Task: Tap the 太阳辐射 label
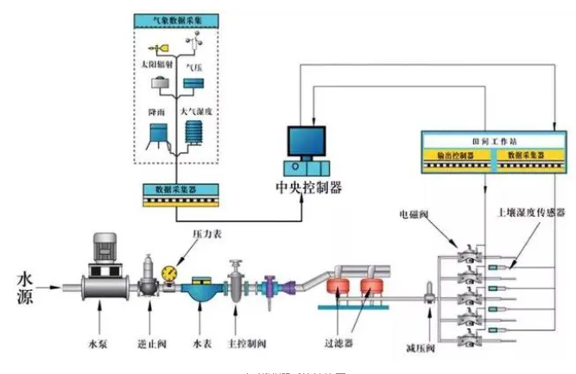point(156,66)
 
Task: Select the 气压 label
point(196,66)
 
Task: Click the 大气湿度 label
point(195,111)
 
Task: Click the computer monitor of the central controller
point(307,140)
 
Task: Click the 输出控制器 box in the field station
point(455,155)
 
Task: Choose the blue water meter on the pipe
point(200,290)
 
